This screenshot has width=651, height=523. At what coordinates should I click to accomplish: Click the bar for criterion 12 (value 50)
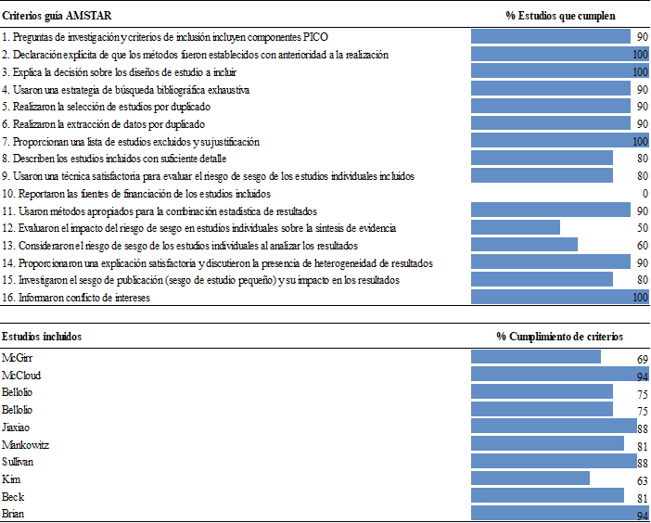click(x=516, y=228)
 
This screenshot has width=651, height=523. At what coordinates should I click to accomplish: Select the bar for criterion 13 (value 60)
click(x=524, y=246)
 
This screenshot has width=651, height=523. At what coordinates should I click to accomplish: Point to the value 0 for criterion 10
click(x=645, y=194)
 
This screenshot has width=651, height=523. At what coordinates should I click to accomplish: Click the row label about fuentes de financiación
click(x=136, y=194)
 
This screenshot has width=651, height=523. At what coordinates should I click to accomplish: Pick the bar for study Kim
click(x=530, y=479)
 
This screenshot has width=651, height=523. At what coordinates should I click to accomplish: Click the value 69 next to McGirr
click(x=642, y=359)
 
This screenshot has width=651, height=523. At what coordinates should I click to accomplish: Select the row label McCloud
click(x=21, y=376)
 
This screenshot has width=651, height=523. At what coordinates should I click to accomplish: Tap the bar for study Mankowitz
click(x=547, y=444)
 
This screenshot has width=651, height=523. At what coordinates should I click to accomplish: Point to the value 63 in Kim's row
click(x=642, y=481)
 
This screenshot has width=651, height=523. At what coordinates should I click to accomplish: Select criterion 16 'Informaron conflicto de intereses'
click(x=76, y=298)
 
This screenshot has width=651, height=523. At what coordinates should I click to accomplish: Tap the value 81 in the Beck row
click(x=642, y=498)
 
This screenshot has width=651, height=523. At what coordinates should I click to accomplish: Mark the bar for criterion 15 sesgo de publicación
click(x=542, y=280)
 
